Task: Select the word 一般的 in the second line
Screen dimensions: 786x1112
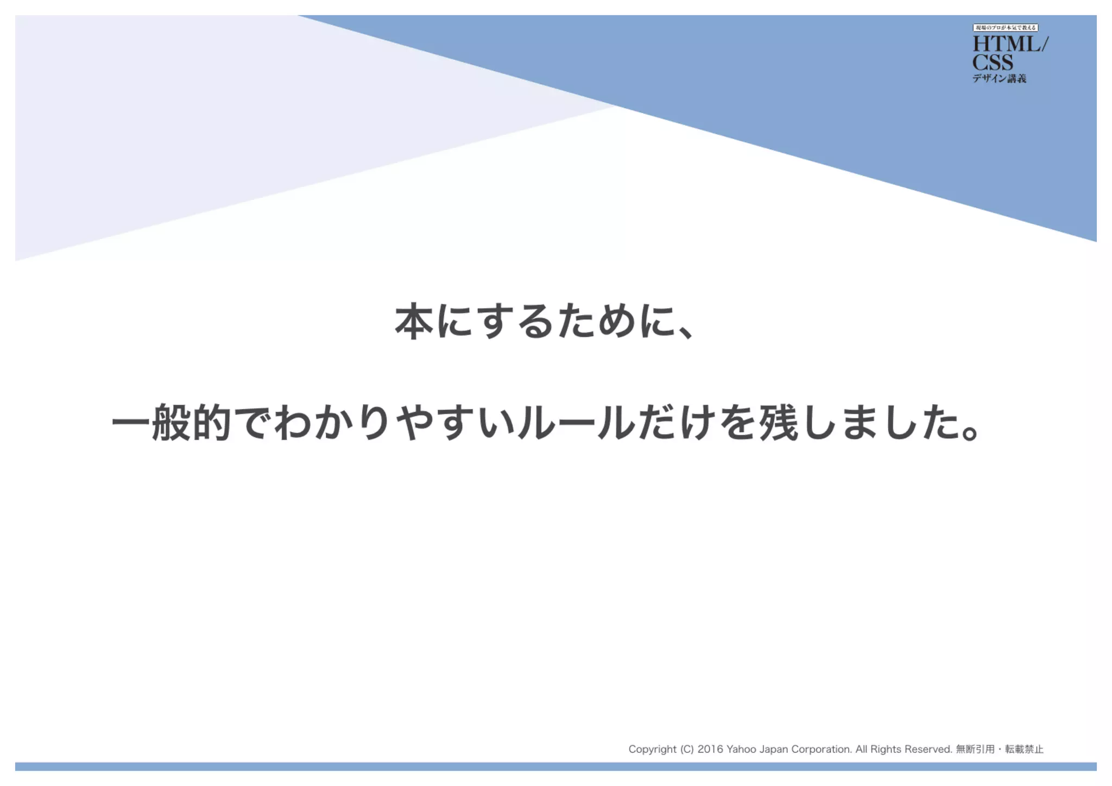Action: coord(172,423)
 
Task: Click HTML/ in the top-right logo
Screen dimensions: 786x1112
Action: coord(1010,44)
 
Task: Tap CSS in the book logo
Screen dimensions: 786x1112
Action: coord(993,62)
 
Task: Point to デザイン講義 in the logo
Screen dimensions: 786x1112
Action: coord(999,79)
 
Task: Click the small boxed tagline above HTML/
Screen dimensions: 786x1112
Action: coord(1005,28)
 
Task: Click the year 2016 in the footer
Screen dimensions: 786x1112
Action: coord(710,749)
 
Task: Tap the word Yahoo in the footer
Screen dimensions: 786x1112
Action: coord(741,749)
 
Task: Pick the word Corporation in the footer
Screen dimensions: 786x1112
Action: coord(821,750)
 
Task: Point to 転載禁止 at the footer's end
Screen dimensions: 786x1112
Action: coord(1024,749)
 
